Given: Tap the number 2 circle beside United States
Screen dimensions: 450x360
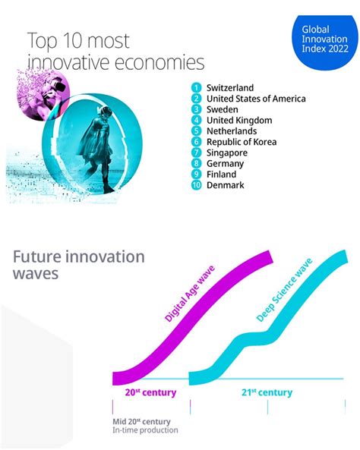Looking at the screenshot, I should pos(196,99).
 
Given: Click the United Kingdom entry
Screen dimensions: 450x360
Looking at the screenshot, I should pos(240,120).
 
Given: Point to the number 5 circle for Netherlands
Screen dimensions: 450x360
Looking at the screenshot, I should pos(196,131).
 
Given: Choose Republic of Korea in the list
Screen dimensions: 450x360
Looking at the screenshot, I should pos(246,142).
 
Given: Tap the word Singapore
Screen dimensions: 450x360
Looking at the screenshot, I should pos(227,153).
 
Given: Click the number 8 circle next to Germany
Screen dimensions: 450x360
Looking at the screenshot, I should pos(196,163).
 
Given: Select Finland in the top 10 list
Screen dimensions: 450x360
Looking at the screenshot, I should pos(222,174).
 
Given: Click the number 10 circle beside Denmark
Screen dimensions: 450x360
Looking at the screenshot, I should pos(196,185).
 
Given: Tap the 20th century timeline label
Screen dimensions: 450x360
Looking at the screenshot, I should pos(150,392).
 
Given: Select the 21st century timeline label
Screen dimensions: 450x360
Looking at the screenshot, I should pos(266,392).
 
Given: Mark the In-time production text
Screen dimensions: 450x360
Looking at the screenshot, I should pos(145,430).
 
